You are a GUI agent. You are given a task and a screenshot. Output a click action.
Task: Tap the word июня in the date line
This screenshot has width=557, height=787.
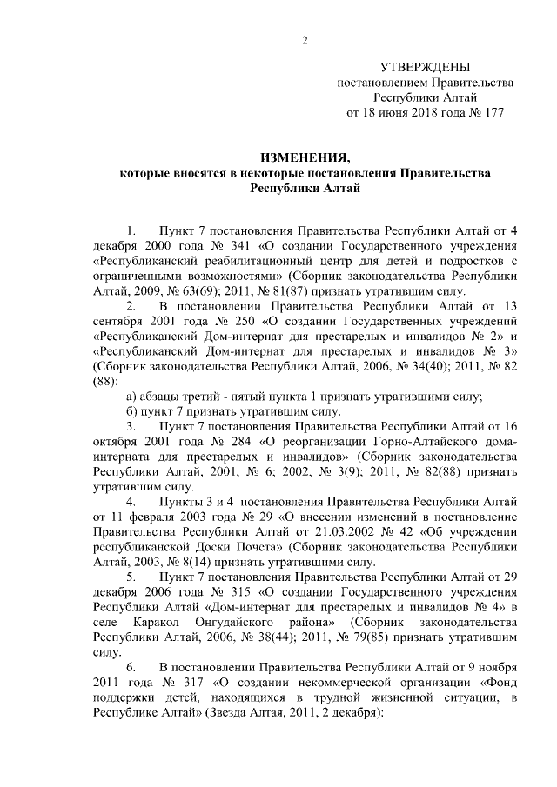[x=392, y=112]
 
